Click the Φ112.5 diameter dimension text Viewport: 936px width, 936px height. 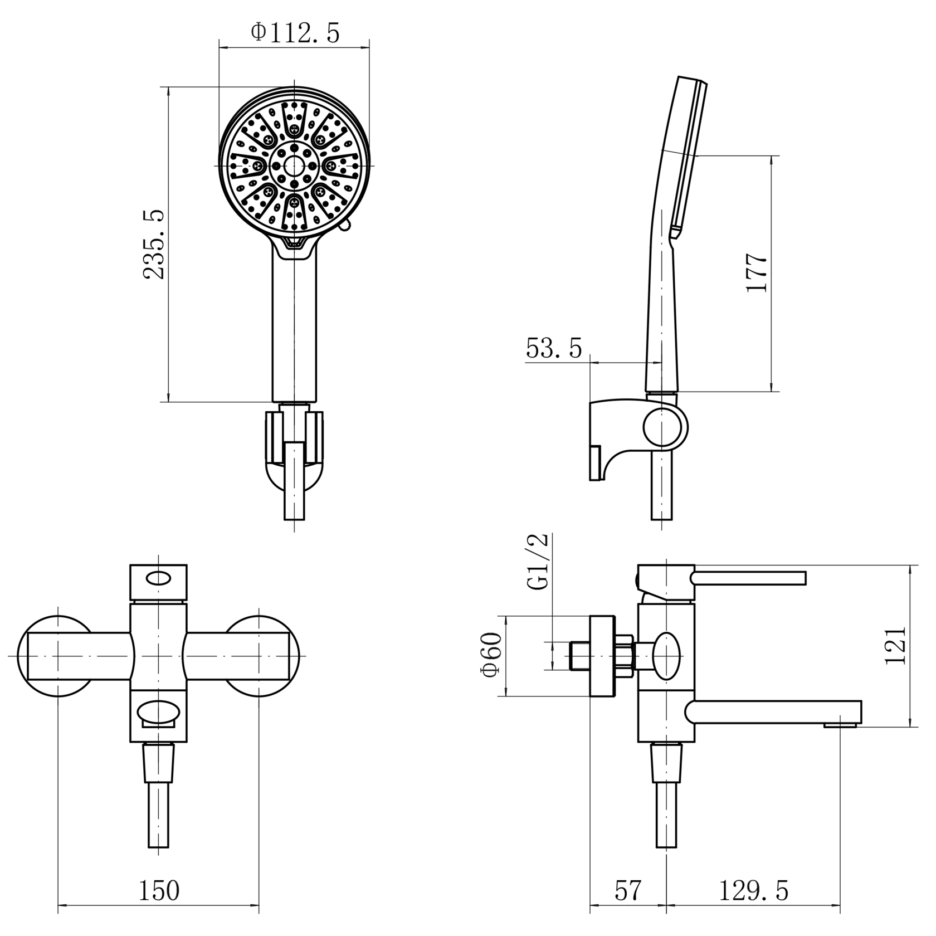[295, 33]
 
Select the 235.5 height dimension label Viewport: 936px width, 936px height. [154, 244]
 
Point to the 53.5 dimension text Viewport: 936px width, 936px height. [554, 349]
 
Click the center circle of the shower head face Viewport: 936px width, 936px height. [294, 165]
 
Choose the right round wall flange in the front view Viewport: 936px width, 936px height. [259, 656]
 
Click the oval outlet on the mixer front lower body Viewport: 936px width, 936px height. [159, 713]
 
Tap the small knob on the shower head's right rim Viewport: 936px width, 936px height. [346, 225]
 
